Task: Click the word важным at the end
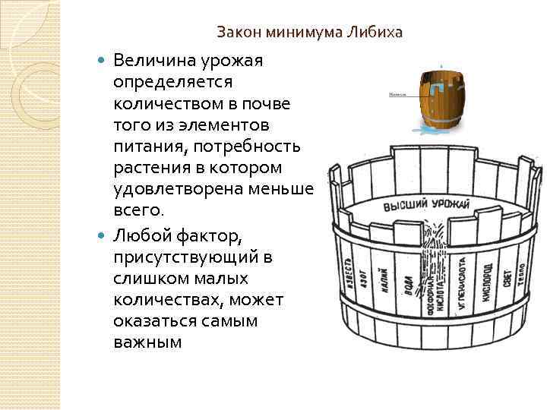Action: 147,342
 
